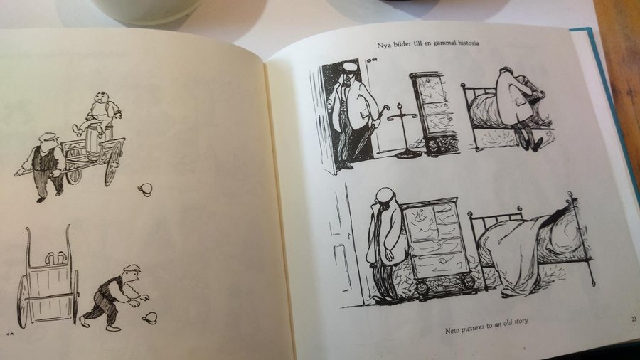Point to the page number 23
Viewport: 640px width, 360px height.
pos(634,319)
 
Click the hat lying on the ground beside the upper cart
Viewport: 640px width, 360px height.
pos(145,189)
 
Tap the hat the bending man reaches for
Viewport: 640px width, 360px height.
pos(150,318)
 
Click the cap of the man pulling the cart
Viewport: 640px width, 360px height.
pos(48,137)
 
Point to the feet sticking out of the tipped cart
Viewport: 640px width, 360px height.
pos(55,258)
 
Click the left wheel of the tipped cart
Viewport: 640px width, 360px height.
pos(23,302)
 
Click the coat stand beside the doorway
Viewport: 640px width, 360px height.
pos(402,131)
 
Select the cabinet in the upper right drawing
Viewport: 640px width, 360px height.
pos(434,113)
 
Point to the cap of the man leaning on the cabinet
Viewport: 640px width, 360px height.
pos(386,196)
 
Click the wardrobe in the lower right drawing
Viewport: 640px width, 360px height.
pos(436,245)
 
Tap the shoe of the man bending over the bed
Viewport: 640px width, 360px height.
pos(537,144)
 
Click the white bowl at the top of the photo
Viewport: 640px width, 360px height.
pos(148,11)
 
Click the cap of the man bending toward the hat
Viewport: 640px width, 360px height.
pos(132,268)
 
